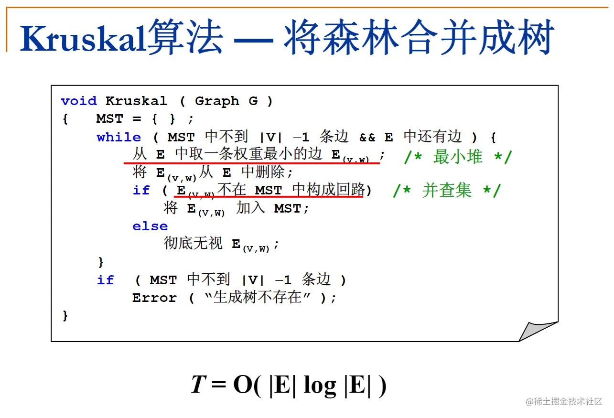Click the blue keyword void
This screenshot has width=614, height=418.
[79, 101]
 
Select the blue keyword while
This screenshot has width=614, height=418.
[119, 138]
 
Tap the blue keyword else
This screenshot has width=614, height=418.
[150, 226]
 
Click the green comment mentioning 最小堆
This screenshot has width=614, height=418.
[458, 157]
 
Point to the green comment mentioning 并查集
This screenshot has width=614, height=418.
[446, 191]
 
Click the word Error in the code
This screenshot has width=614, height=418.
[154, 298]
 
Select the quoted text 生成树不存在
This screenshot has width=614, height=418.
[258, 298]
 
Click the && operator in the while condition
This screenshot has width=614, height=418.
[367, 138]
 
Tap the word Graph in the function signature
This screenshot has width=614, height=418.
[217, 101]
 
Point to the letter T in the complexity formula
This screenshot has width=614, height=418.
[198, 385]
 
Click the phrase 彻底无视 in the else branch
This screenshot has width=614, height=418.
[193, 244]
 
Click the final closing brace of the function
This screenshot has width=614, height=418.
[65, 316]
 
